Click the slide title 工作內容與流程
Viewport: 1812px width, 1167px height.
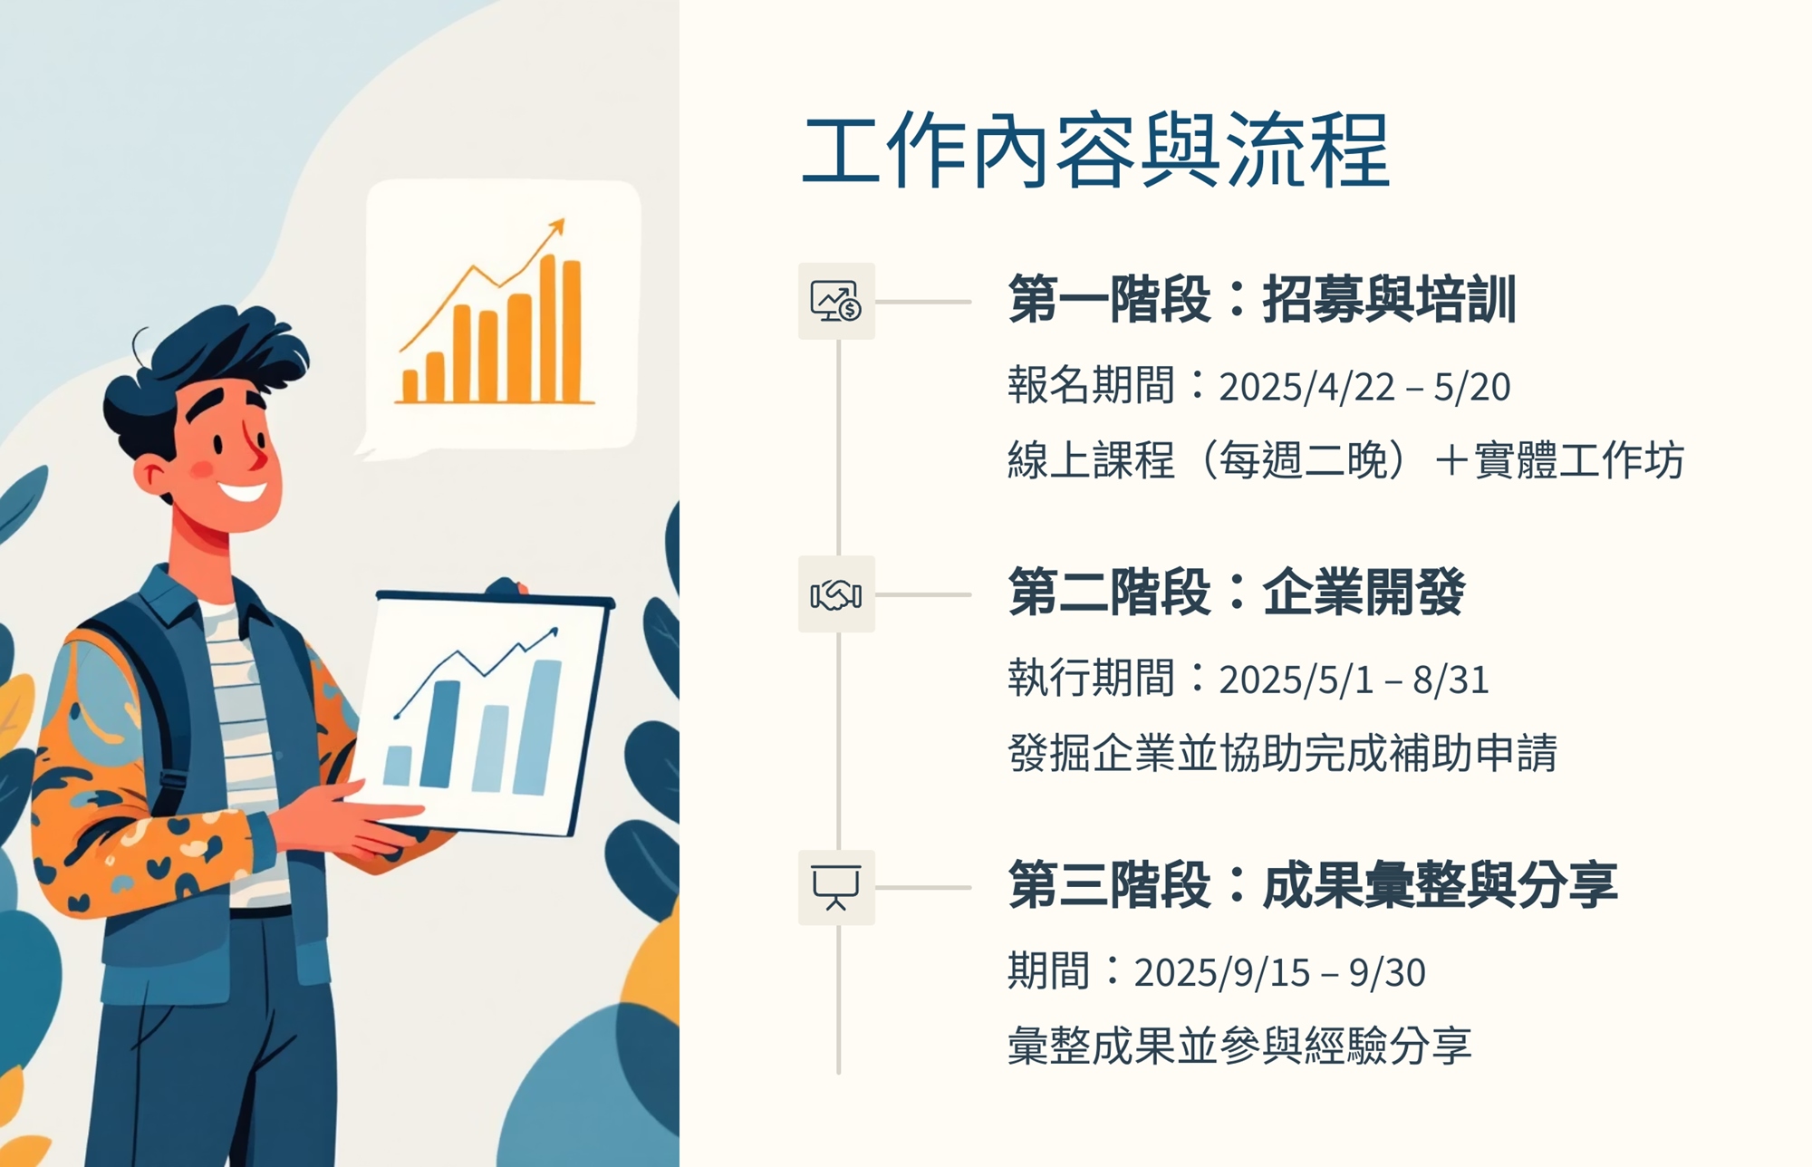(x=1095, y=150)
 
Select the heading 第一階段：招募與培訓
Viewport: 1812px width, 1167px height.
(x=1262, y=299)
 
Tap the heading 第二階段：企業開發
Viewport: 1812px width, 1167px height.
(x=1236, y=592)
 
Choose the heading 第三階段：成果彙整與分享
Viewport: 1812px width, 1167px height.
(x=1313, y=884)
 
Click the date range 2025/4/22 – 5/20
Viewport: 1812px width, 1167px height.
(x=1364, y=387)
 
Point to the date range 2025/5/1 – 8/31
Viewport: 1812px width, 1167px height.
(x=1354, y=680)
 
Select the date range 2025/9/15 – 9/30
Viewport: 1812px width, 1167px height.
(x=1279, y=972)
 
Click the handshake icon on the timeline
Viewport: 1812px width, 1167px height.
(x=836, y=594)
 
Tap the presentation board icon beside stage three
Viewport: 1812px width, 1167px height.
(x=836, y=887)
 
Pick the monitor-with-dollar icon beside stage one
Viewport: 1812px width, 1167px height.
(x=836, y=302)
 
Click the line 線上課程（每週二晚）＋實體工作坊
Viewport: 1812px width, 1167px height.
(x=1345, y=460)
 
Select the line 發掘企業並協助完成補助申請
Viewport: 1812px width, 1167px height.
(x=1282, y=753)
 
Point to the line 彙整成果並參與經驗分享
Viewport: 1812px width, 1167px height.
(x=1239, y=1046)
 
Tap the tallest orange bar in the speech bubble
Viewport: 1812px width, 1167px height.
(x=548, y=328)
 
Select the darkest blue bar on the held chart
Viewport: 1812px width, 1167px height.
(x=440, y=734)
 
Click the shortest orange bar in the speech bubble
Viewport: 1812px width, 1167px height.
(x=410, y=386)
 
